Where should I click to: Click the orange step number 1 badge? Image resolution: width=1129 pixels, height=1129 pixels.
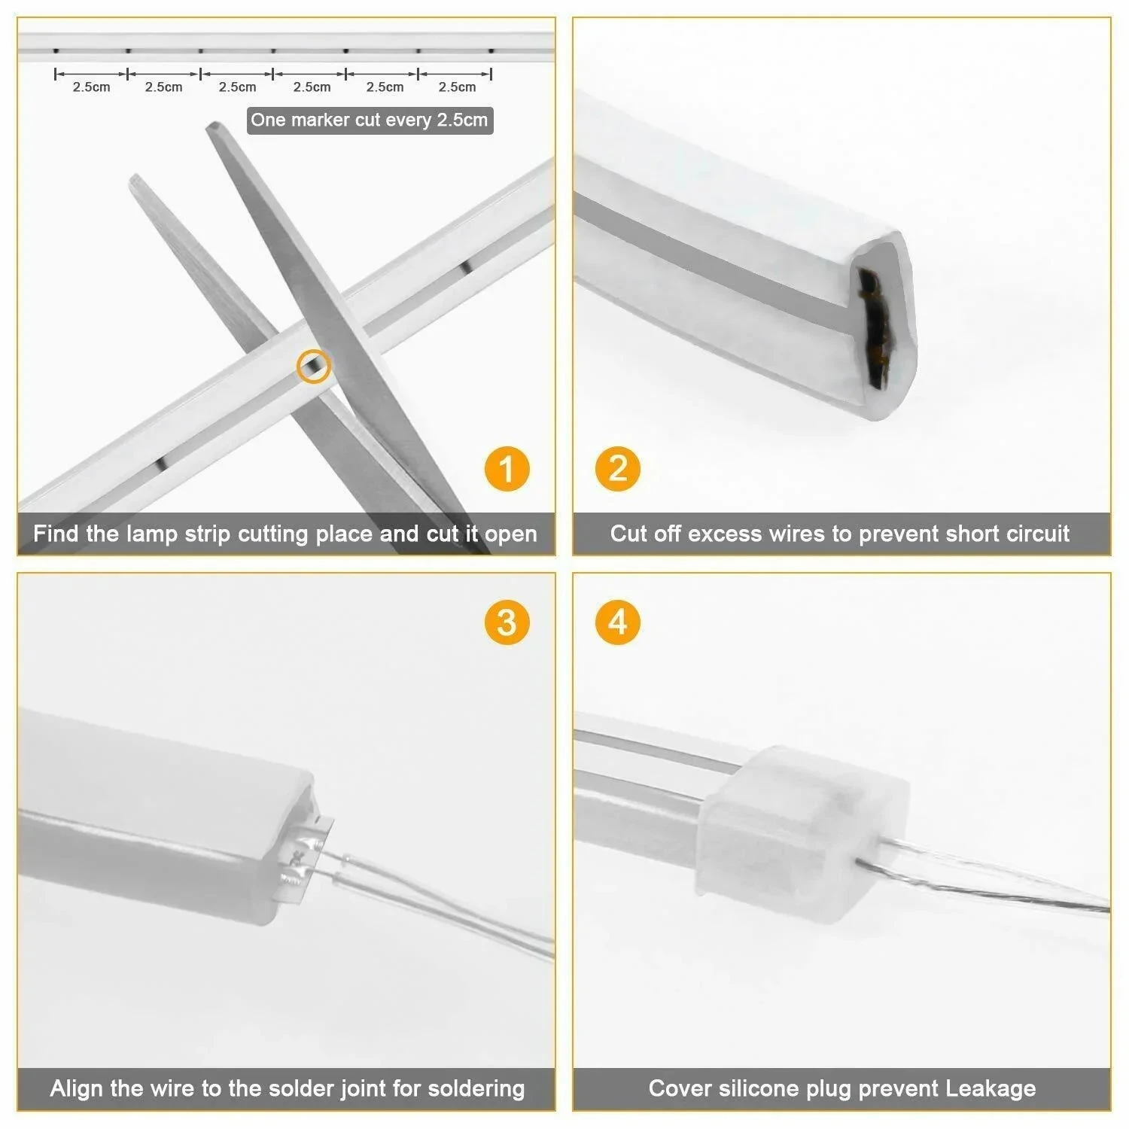tap(507, 470)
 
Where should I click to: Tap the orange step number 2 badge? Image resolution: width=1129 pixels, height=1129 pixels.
tap(617, 470)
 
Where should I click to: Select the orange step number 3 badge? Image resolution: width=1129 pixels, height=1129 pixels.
tap(507, 622)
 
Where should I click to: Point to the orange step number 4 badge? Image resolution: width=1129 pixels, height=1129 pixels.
tap(617, 622)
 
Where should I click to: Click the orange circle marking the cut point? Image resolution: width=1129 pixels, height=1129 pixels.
tap(313, 367)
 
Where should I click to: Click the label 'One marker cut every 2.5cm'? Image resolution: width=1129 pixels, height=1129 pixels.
tap(369, 120)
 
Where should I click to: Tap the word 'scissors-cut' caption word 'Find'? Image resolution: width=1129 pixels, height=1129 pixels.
tap(56, 534)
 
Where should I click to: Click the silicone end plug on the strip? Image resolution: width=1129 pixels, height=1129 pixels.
tap(802, 828)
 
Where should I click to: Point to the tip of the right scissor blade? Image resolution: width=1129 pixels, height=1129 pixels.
tap(214, 126)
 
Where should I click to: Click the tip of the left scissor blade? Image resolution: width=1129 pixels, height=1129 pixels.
tap(135, 178)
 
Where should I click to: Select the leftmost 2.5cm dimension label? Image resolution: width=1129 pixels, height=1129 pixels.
tap(91, 87)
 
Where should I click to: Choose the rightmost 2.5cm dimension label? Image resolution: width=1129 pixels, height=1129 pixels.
tap(457, 87)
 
